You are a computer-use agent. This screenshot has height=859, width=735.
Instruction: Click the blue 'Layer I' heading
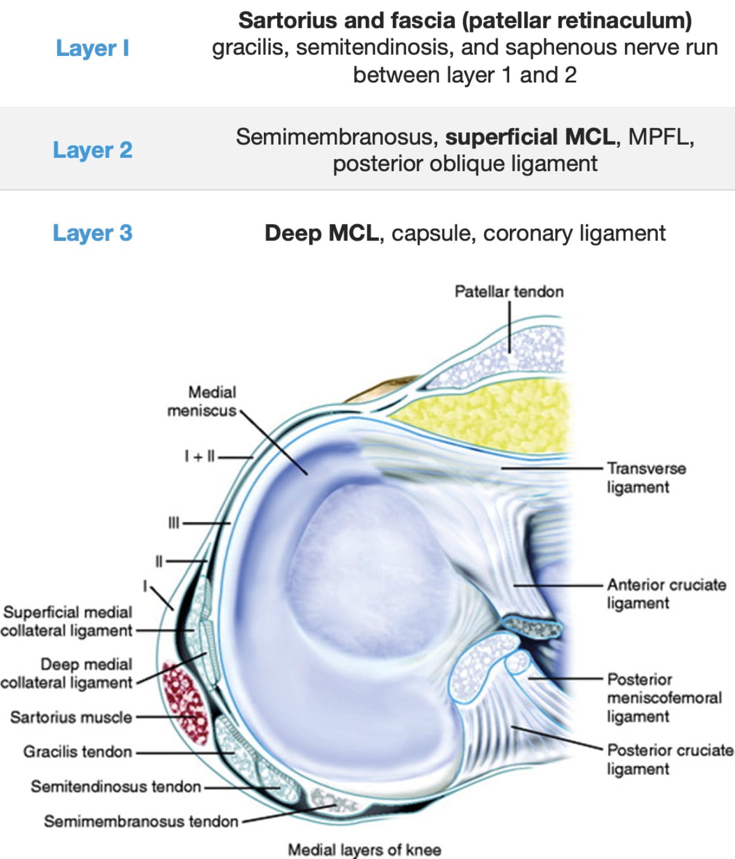(92, 48)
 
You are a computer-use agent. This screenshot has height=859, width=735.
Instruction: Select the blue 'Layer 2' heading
(92, 150)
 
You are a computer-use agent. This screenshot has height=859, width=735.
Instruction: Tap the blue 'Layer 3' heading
(92, 233)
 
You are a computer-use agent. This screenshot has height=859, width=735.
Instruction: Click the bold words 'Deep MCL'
(321, 233)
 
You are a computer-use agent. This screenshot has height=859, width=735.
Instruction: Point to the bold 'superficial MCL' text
(530, 137)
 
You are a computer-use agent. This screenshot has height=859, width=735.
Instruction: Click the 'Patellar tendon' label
(509, 292)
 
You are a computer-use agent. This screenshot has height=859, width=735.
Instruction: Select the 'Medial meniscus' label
(202, 401)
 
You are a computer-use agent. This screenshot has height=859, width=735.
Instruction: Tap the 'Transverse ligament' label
(646, 477)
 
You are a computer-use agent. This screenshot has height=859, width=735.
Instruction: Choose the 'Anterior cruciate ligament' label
(666, 594)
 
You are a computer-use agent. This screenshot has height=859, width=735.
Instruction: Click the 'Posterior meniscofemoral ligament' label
(664, 698)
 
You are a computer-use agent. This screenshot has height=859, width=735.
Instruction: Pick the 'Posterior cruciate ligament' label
(670, 759)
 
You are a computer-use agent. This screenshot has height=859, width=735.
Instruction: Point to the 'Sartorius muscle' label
(71, 717)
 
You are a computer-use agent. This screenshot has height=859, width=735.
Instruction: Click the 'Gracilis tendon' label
(77, 752)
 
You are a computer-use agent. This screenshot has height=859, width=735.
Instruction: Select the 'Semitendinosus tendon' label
(116, 786)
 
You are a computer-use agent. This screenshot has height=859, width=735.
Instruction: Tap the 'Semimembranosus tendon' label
(141, 821)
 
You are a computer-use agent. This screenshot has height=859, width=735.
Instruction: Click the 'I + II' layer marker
(199, 457)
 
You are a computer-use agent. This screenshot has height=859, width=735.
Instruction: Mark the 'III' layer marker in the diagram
(173, 523)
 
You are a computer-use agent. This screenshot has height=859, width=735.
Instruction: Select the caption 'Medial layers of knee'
(364, 849)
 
